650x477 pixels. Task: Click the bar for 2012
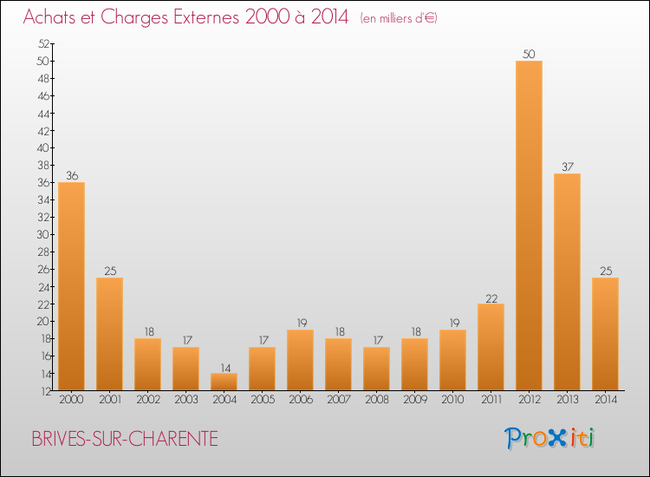529,225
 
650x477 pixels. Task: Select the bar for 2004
224,382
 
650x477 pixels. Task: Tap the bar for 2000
71,286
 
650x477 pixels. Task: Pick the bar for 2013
567,282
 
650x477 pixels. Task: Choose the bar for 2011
491,347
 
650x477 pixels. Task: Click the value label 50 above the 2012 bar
529,55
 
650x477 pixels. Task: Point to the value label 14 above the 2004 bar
224,367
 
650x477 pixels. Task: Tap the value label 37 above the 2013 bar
567,167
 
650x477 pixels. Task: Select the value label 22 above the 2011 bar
491,297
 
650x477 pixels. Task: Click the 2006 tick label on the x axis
300,401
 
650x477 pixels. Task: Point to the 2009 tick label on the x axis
414,401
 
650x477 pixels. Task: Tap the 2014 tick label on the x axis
605,401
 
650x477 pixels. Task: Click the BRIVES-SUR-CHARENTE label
125,439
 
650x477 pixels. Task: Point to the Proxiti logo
550,438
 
